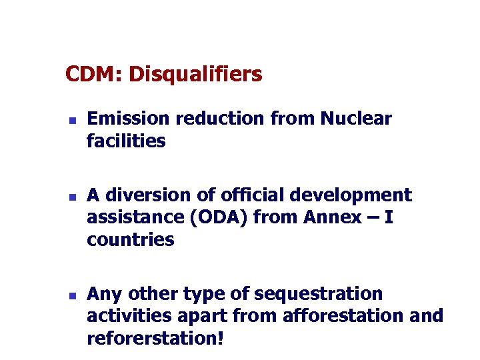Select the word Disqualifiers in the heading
[x=195, y=75]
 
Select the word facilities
[x=126, y=141]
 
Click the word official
[x=244, y=195]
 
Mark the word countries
[x=130, y=240]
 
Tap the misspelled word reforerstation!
[x=155, y=338]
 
